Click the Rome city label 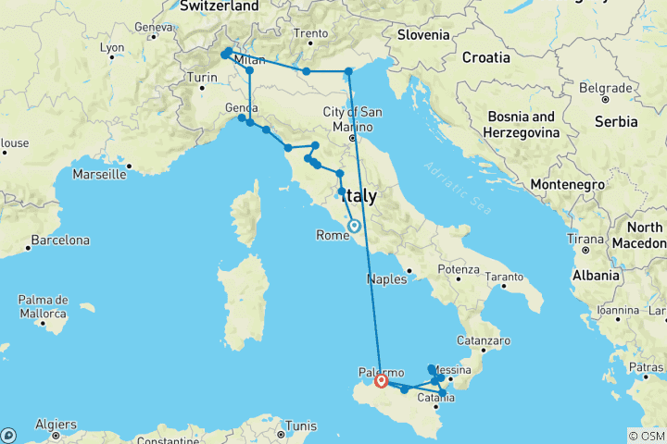coord(333,235)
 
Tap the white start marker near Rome coord(354,225)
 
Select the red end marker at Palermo coord(381,380)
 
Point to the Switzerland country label coord(220,6)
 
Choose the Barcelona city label coord(60,240)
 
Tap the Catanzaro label coord(488,341)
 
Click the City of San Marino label coord(352,118)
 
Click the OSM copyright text coord(645,435)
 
